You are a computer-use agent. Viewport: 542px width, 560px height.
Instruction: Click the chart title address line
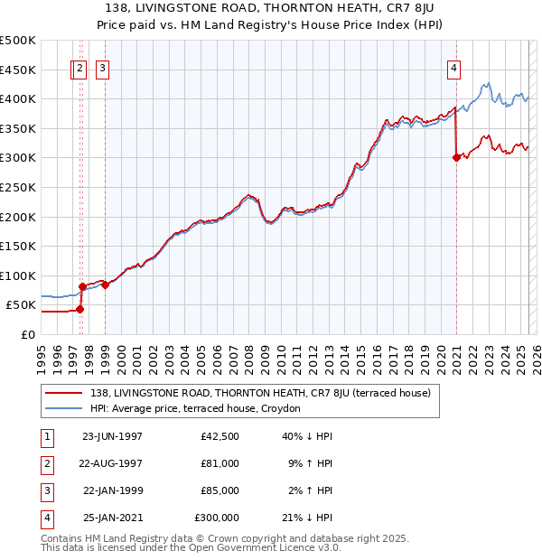tap(271, 8)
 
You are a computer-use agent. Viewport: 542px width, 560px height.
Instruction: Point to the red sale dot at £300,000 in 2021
tap(456, 157)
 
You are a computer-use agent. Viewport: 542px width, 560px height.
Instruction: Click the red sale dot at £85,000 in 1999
tap(106, 285)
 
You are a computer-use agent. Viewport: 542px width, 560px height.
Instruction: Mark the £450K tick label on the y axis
tap(18, 70)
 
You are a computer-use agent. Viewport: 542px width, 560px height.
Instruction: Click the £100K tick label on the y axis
tap(18, 275)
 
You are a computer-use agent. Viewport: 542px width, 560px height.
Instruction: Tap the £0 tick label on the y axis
tap(27, 334)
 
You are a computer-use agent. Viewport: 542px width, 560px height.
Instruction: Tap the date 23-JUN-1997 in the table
tap(112, 436)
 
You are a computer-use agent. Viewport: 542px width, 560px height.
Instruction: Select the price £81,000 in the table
tap(220, 463)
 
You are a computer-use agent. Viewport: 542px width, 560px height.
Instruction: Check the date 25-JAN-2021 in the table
tap(112, 518)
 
